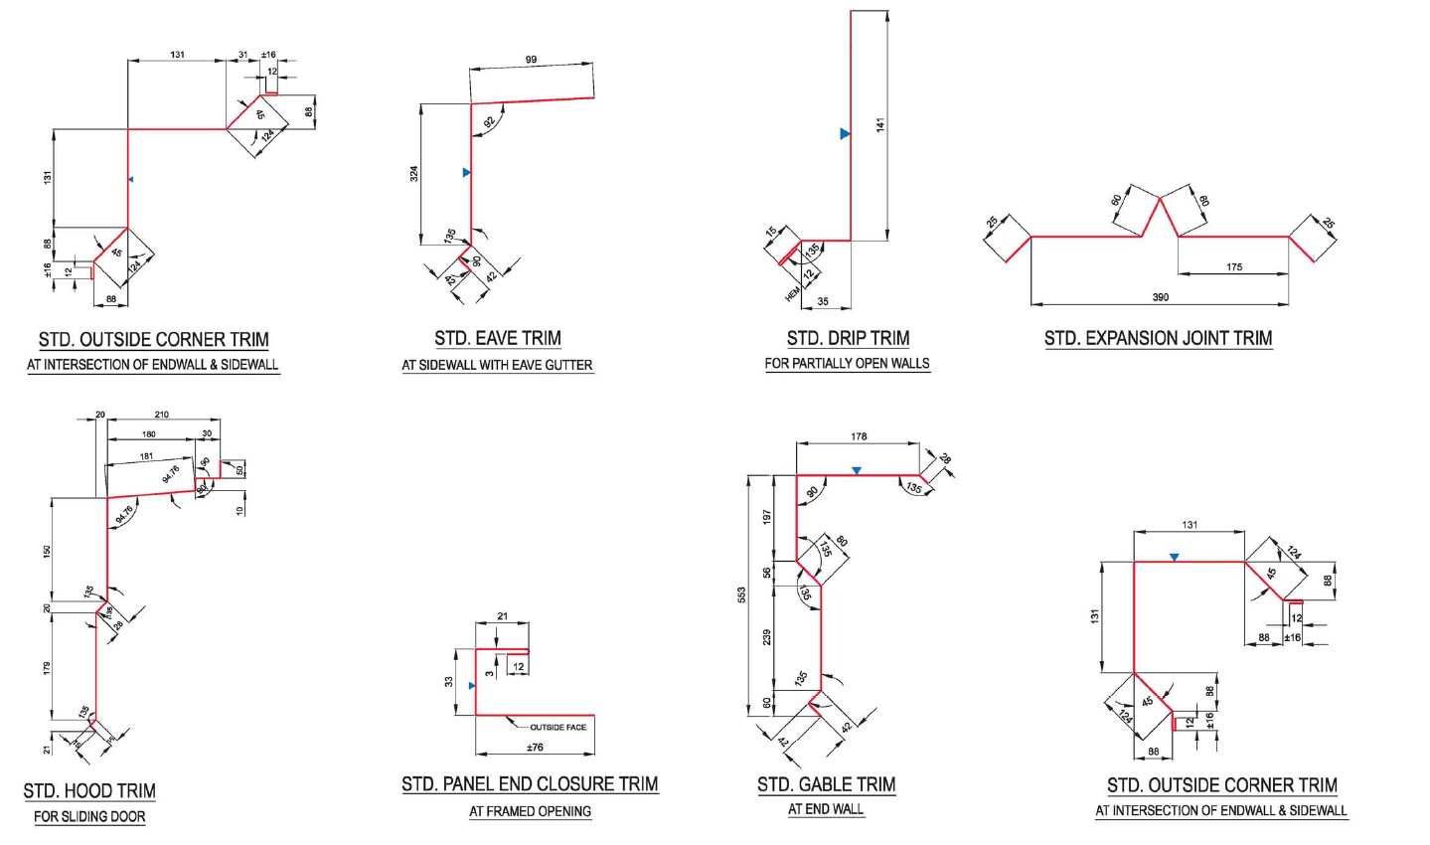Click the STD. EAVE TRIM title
pyautogui.click(x=497, y=339)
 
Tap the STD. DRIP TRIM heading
pyautogui.click(x=848, y=339)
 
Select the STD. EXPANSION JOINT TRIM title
pyautogui.click(x=1158, y=339)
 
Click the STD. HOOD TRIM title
pyautogui.click(x=89, y=791)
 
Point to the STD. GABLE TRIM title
pyautogui.click(x=826, y=785)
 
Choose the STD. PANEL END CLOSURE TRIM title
pyautogui.click(x=530, y=784)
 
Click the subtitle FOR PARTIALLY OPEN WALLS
pyautogui.click(x=847, y=364)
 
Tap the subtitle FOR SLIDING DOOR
pyautogui.click(x=89, y=817)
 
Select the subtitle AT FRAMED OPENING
pyautogui.click(x=530, y=811)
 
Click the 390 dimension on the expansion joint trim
pyautogui.click(x=1160, y=297)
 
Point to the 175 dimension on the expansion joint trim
pyautogui.click(x=1233, y=267)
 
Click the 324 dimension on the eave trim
pyautogui.click(x=414, y=173)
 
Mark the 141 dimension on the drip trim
pyautogui.click(x=879, y=125)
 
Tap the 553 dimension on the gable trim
pyautogui.click(x=741, y=594)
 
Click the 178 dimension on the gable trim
pyautogui.click(x=859, y=436)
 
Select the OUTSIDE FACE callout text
pyautogui.click(x=557, y=728)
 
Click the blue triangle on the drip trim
pyautogui.click(x=845, y=133)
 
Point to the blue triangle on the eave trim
pyautogui.click(x=466, y=173)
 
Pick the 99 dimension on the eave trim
pyautogui.click(x=531, y=60)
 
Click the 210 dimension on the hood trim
pyautogui.click(x=162, y=415)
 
